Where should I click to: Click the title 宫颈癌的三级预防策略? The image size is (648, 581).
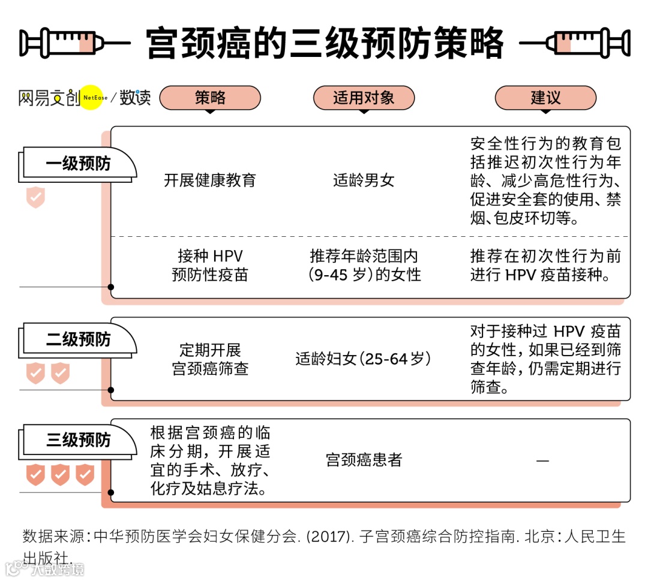pos(325,43)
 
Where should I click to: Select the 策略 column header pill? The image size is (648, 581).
pos(210,98)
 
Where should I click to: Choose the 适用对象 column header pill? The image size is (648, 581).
pos(364,98)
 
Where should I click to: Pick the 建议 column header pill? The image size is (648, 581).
pos(545,98)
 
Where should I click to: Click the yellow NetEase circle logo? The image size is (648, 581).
pos(92,97)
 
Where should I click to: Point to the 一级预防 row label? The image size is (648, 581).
pos(78,164)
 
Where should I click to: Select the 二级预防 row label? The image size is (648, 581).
pos(78,339)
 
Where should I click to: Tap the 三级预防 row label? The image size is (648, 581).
pos(78,440)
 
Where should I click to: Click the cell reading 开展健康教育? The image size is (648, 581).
pos(210,180)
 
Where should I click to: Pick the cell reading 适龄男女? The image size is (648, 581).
pos(364,180)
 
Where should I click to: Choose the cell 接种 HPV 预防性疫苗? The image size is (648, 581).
pos(210,266)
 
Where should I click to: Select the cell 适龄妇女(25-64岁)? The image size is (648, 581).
pos(364,359)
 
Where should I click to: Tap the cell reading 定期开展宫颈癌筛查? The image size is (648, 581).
pos(210,359)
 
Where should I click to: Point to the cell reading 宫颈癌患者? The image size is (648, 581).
pos(364,460)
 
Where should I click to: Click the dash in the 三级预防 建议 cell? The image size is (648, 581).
pos(542,460)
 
